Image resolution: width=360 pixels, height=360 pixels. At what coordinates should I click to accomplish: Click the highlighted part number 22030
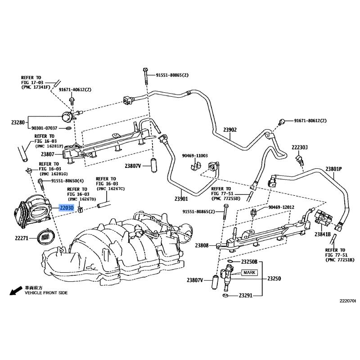[67, 208]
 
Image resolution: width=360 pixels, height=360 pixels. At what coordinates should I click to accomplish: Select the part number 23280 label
[18, 122]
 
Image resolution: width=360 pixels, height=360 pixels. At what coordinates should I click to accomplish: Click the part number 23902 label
[230, 130]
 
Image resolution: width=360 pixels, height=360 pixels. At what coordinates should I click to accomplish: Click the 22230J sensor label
[299, 147]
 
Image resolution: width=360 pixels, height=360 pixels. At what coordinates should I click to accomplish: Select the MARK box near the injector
[249, 273]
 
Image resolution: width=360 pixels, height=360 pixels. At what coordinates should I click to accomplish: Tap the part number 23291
[245, 296]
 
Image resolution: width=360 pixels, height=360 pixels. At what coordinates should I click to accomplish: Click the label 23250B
[248, 261]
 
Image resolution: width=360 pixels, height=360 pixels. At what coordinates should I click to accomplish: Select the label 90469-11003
[195, 156]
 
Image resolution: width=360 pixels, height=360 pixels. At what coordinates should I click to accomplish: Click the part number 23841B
[322, 234]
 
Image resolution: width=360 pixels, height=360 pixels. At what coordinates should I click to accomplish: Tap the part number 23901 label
[181, 198]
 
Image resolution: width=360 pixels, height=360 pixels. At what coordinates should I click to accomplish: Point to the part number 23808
[202, 245]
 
